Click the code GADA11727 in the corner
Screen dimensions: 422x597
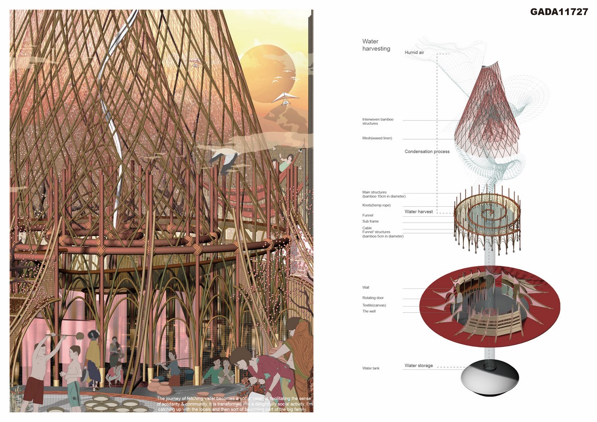coord(559,12)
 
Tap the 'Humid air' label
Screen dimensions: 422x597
coord(414,53)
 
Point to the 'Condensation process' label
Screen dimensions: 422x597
coord(427,152)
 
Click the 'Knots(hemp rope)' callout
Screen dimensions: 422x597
coord(376,205)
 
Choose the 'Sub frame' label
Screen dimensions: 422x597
coord(370,221)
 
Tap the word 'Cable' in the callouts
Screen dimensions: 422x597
coord(367,228)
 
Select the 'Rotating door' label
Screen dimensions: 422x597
coord(373,298)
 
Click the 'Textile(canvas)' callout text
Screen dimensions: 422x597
coord(374,305)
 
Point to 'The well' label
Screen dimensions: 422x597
coord(369,311)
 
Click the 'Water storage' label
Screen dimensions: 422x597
coord(419,366)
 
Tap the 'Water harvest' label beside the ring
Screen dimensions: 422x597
coord(419,212)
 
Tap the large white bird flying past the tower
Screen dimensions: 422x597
coord(224,159)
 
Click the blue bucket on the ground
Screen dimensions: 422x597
coord(189,374)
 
